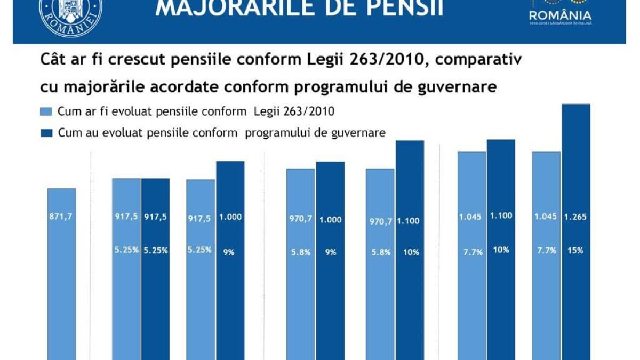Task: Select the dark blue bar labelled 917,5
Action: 155,288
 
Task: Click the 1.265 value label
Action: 575,217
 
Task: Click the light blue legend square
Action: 46,112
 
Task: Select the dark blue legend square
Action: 46,133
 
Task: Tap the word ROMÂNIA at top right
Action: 560,14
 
